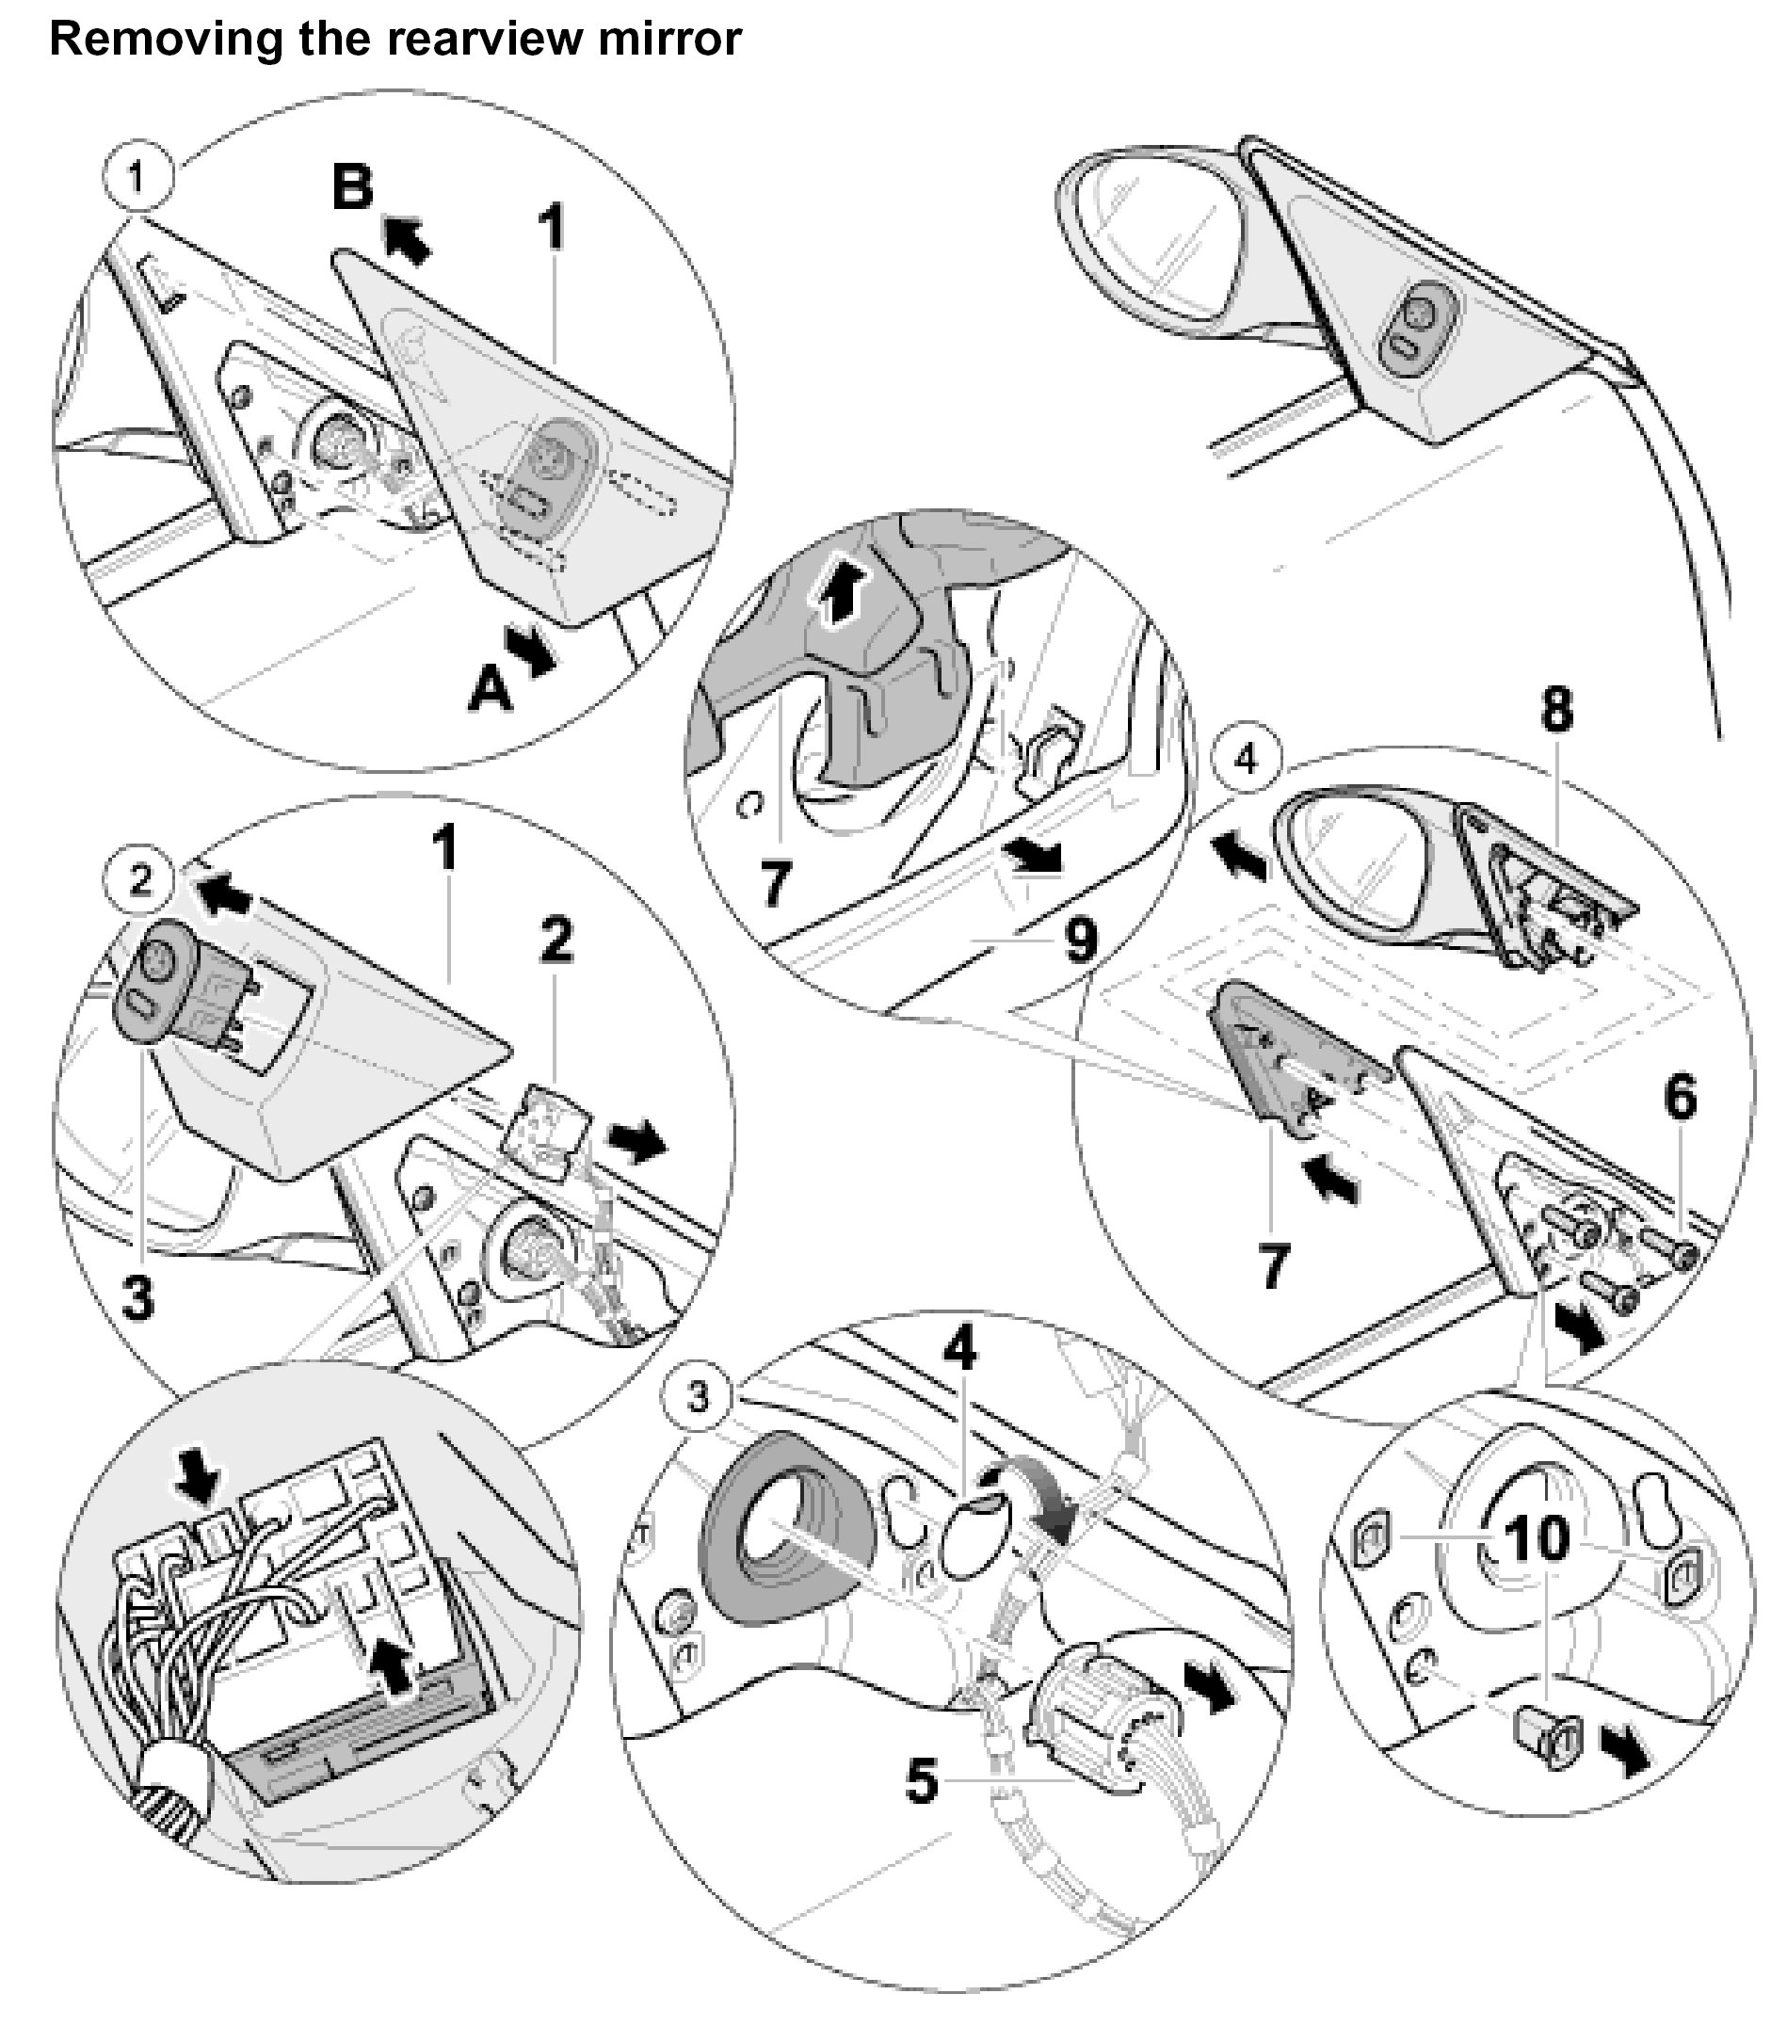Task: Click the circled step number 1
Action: pos(137,177)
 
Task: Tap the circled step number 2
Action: pos(140,879)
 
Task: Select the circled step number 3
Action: pos(699,1399)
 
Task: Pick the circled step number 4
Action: pos(1246,761)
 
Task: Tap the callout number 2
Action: pos(556,938)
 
